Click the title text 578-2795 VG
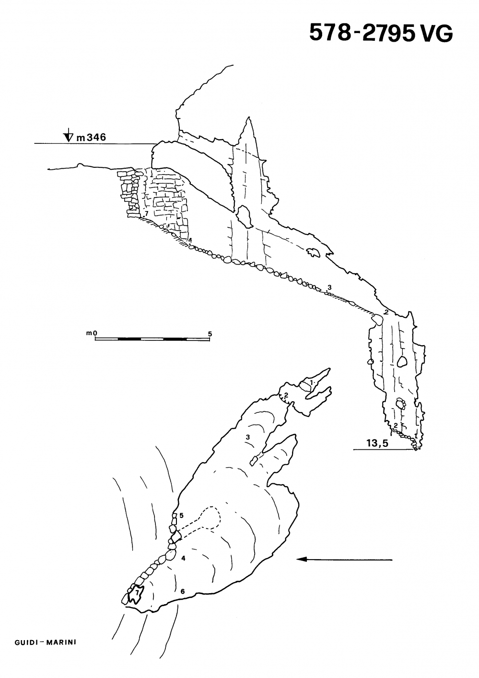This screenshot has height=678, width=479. click(x=381, y=33)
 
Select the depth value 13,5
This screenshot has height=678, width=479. click(x=377, y=444)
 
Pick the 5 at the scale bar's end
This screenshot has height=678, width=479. click(x=210, y=333)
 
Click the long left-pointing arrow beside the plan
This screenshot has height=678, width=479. click(x=344, y=559)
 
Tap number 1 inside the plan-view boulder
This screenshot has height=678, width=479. click(x=312, y=383)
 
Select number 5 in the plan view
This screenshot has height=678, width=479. click(x=182, y=515)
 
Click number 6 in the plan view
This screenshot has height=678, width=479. click(x=183, y=591)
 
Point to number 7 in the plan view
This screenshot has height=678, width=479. click(x=137, y=593)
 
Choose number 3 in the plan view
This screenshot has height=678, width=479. click(x=247, y=437)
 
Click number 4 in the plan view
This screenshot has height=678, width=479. click(x=183, y=558)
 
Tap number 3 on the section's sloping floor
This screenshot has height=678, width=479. click(x=329, y=287)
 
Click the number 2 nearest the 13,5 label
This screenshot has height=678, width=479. click(x=395, y=425)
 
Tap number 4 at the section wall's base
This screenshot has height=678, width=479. click(x=190, y=240)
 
